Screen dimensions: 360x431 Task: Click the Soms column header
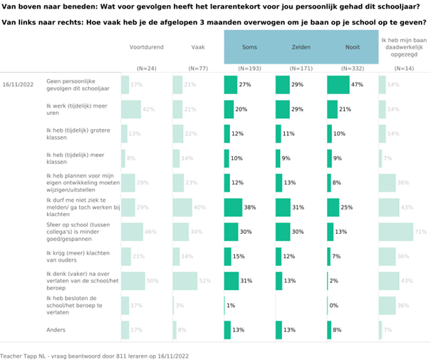click(249, 47)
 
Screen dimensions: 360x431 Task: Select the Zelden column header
click(301, 47)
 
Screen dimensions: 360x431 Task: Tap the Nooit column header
click(353, 47)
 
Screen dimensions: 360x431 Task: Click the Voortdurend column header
click(146, 47)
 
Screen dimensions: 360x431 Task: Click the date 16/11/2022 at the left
click(18, 85)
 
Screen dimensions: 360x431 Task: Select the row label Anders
click(57, 330)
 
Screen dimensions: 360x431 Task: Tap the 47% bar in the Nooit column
click(338, 85)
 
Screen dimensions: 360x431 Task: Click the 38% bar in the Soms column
click(233, 207)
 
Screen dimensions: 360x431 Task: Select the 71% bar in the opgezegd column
click(395, 232)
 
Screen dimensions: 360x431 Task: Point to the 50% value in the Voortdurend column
click(152, 281)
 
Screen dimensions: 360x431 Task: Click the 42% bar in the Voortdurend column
click(131, 109)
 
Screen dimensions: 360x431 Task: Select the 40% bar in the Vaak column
click(182, 207)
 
